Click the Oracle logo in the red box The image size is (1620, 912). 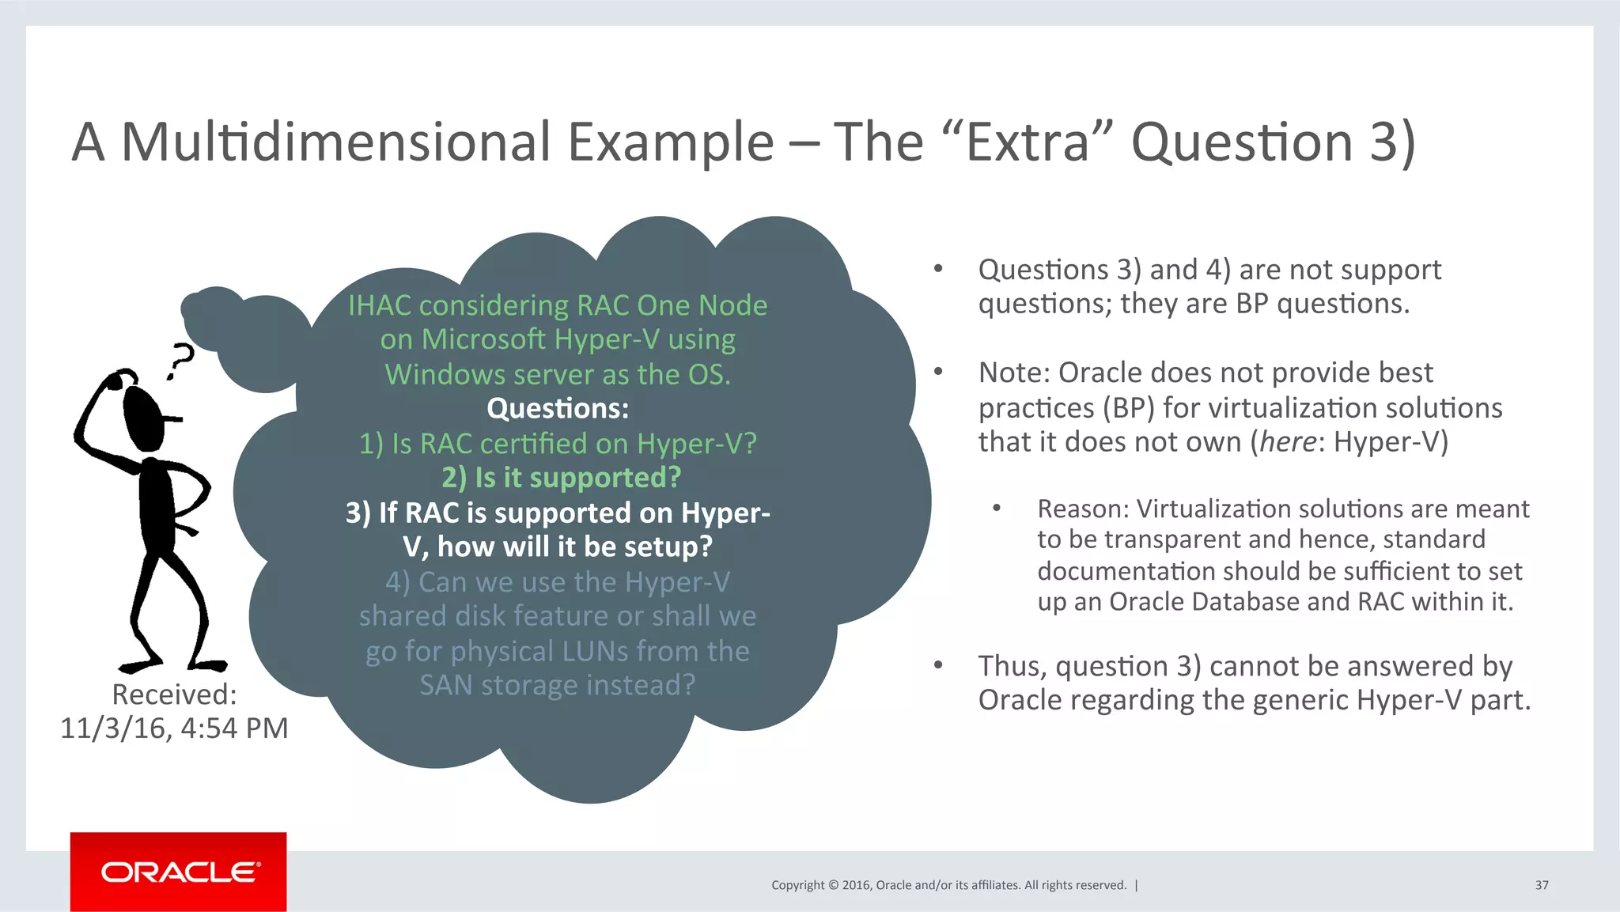tap(180, 872)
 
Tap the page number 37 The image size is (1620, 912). tap(1541, 885)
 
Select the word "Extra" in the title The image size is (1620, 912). tap(1029, 142)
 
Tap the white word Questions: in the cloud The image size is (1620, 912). tap(558, 409)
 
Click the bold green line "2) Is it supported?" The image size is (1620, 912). tap(561, 478)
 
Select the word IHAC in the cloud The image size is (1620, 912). tap(380, 305)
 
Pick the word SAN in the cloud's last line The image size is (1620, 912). tap(446, 685)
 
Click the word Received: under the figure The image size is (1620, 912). tap(174, 694)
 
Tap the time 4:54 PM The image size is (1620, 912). tap(235, 728)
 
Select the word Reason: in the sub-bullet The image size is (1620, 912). tap(1083, 509)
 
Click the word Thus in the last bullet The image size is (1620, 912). tap(1012, 666)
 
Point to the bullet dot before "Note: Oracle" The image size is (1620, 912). tap(938, 372)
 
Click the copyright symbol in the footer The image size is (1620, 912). tap(832, 885)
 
